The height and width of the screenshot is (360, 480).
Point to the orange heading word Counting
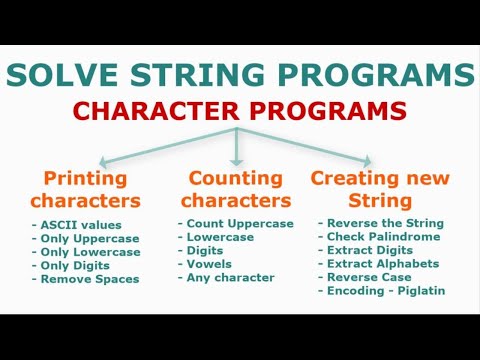(236, 178)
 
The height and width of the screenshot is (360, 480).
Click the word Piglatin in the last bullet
(419, 292)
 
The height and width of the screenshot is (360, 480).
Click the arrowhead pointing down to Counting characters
(236, 160)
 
